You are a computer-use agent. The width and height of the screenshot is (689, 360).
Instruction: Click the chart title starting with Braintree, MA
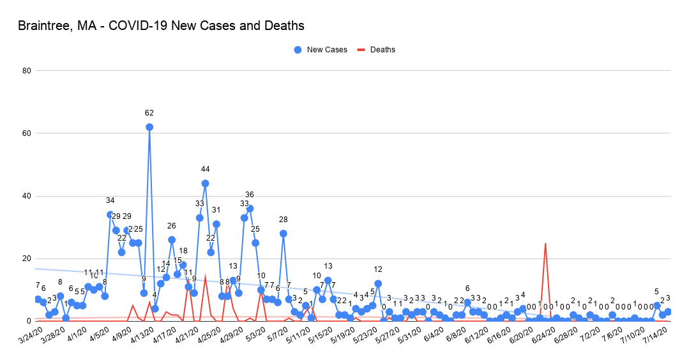click(x=161, y=26)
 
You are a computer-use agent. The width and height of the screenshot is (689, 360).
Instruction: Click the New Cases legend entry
click(x=321, y=49)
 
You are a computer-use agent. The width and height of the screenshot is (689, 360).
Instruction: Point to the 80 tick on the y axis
click(x=26, y=70)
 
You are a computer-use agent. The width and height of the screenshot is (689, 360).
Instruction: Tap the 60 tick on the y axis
click(x=26, y=133)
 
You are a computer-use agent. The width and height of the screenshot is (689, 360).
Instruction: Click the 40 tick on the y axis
click(x=26, y=195)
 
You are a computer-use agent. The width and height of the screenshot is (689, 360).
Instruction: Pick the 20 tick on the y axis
click(x=26, y=258)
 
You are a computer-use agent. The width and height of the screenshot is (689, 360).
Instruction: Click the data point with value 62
click(x=149, y=127)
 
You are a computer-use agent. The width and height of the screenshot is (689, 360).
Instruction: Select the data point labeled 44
click(x=205, y=183)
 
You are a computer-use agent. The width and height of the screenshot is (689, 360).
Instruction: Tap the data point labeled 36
click(x=250, y=208)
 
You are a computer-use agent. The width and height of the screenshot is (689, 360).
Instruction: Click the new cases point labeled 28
click(x=284, y=233)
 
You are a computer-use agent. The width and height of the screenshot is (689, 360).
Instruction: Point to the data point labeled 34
click(x=110, y=214)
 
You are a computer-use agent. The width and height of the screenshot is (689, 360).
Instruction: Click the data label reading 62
click(x=149, y=113)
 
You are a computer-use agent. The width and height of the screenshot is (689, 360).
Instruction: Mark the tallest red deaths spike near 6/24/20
click(x=545, y=243)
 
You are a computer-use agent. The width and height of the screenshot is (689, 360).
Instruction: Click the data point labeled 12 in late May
click(x=378, y=283)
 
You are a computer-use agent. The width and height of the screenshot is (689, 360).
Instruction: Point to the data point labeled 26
click(x=172, y=239)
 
